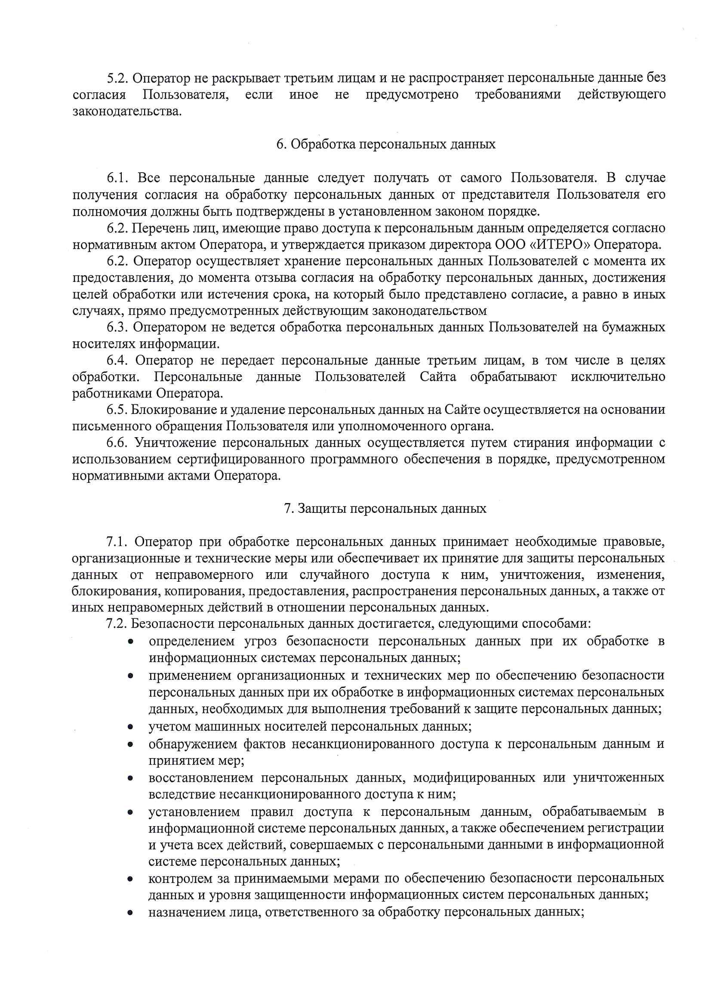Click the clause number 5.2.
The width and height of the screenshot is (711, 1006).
coord(117,78)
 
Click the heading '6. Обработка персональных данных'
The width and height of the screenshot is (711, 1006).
coord(386,145)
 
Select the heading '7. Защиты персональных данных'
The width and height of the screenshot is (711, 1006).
coord(385,509)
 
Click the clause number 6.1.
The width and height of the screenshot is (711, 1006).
coord(117,178)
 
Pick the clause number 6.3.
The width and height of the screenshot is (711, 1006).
coord(117,327)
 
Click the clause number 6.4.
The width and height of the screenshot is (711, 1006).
coord(117,361)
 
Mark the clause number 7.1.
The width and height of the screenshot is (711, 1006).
coord(117,542)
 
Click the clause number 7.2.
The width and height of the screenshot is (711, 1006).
coord(117,624)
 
